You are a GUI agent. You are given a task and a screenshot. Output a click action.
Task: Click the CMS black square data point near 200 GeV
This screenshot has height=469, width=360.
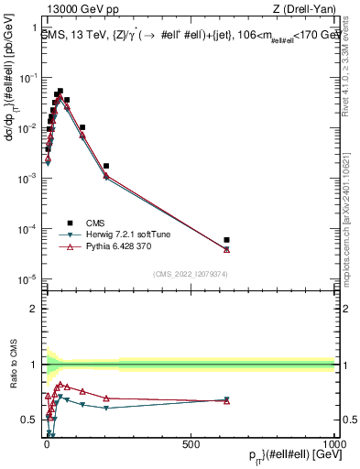coord(106,166)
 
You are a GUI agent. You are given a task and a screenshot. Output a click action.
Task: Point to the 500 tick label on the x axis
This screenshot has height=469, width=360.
coord(191,442)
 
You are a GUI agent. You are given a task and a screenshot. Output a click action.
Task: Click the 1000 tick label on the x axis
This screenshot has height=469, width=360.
coord(334,442)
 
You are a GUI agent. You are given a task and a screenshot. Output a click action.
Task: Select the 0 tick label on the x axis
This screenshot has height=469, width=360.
coord(46,442)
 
